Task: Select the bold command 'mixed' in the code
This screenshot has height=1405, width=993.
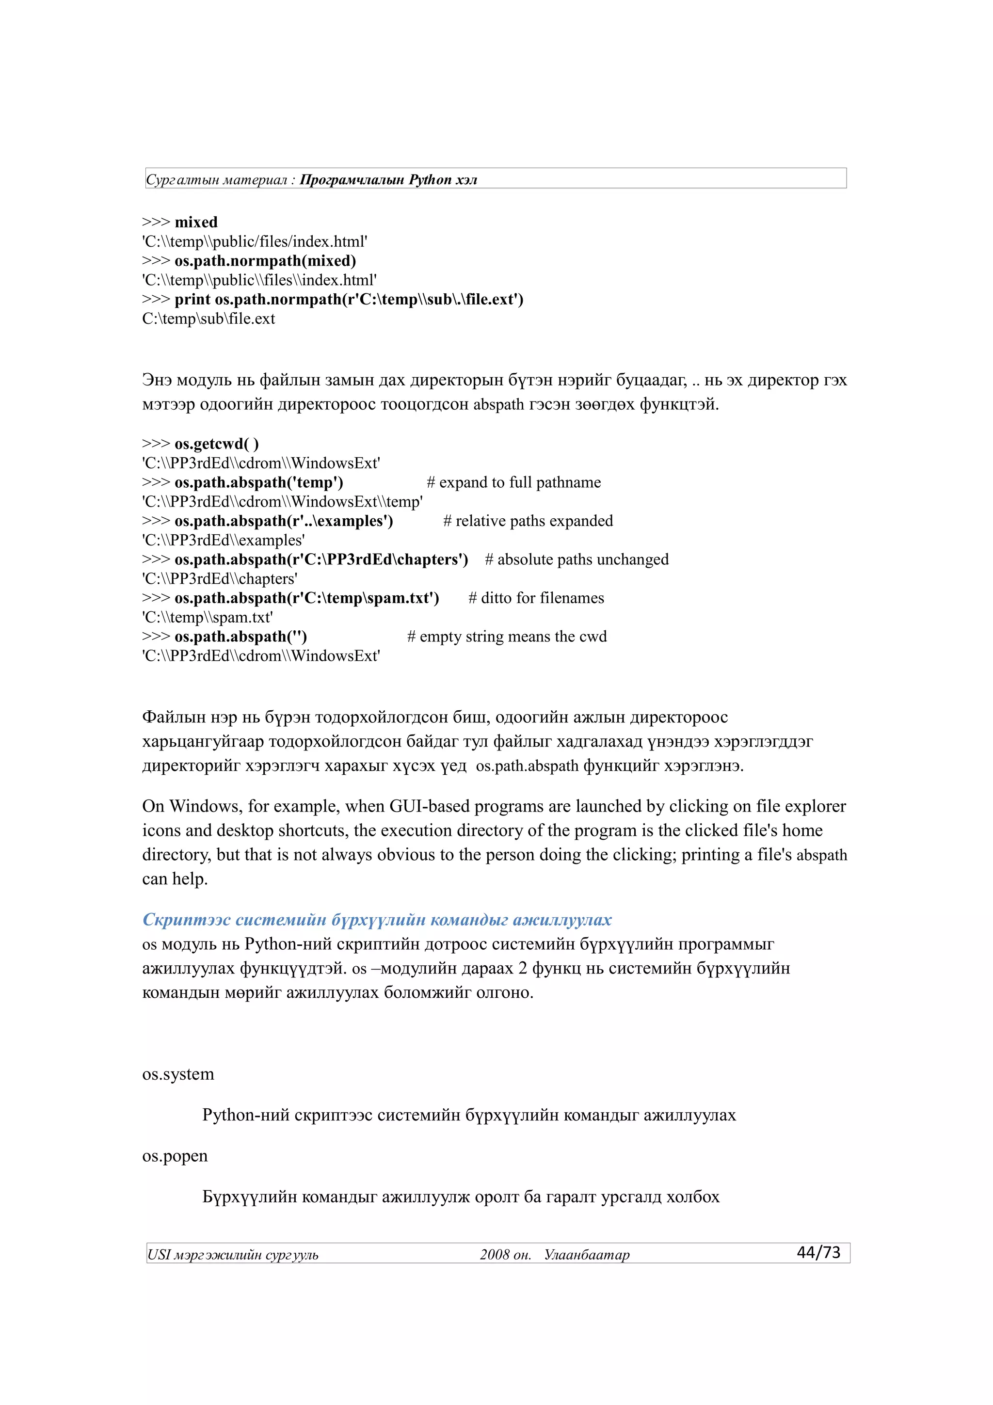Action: (196, 222)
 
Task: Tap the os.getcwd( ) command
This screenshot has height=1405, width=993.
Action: (217, 444)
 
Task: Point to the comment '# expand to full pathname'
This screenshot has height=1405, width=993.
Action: (513, 482)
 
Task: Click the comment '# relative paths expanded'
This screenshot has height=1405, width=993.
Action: (528, 521)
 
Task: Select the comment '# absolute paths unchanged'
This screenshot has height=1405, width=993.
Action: (577, 559)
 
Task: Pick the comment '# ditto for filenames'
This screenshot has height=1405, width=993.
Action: (536, 598)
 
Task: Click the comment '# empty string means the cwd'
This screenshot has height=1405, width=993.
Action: (507, 637)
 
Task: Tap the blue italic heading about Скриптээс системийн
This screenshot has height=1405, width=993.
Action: (377, 920)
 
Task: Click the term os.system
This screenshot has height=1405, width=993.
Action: (178, 1074)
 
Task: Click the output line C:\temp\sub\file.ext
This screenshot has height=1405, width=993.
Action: (208, 319)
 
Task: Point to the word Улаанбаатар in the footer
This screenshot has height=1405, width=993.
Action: (586, 1255)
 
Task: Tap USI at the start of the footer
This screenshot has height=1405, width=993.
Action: (159, 1255)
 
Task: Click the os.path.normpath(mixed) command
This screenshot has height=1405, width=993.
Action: (265, 261)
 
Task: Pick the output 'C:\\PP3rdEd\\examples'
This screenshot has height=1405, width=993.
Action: (224, 541)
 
